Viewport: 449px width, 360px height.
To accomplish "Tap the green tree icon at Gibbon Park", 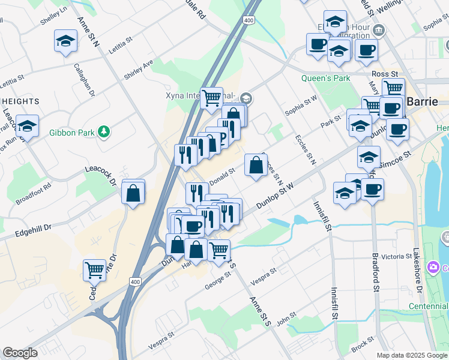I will [104, 131].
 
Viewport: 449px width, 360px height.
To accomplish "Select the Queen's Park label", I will [325, 78].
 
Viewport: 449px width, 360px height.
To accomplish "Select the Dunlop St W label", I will [275, 197].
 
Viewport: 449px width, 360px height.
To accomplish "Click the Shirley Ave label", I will [138, 69].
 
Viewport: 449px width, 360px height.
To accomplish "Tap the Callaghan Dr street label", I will [84, 80].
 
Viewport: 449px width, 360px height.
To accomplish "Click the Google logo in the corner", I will [20, 353].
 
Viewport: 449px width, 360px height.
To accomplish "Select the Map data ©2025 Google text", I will [411, 355].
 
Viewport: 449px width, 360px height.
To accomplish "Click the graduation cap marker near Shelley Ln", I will [65, 42].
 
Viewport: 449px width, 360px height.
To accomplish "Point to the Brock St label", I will [363, 346].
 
